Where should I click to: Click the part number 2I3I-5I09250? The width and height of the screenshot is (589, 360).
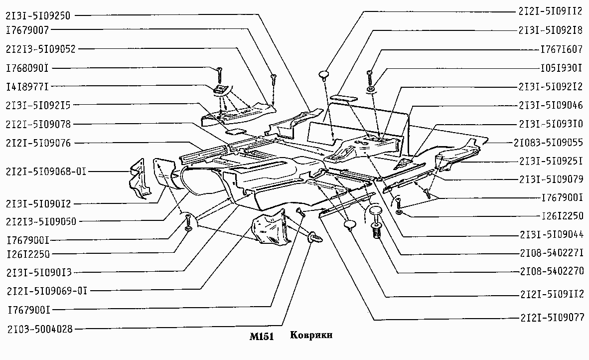37,16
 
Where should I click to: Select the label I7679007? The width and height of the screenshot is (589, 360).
27,30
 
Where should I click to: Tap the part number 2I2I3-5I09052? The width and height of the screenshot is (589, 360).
40,49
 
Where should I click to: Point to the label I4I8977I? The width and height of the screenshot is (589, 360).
27,87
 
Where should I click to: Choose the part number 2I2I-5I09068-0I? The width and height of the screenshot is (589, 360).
46,172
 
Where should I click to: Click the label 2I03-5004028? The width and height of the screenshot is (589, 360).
40,329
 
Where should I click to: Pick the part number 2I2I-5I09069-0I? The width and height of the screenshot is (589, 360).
47,291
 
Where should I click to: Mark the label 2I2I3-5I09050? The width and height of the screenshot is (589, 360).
41,221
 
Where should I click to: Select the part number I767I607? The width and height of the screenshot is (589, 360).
561,49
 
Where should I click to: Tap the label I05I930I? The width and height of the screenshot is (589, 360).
561,68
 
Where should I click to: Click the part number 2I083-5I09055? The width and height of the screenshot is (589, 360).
548,143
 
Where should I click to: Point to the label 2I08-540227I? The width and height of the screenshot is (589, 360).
552,253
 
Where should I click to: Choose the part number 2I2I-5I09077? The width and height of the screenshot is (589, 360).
552,318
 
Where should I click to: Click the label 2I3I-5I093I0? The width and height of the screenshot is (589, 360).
551,124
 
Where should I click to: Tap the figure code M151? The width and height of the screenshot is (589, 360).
262,337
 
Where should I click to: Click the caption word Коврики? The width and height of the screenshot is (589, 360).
311,335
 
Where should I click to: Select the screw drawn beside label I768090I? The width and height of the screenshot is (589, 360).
220,75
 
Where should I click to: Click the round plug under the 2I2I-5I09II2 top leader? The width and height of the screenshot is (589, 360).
324,74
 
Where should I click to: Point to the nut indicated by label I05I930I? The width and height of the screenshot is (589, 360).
370,89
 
